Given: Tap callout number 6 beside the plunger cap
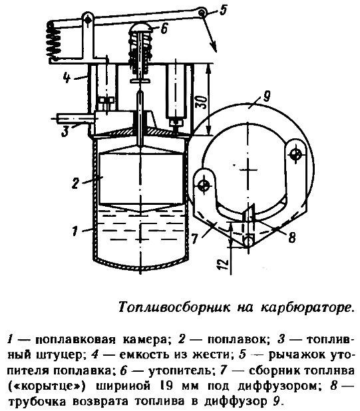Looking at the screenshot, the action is (x=164, y=28).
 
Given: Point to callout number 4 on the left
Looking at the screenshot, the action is (x=67, y=78).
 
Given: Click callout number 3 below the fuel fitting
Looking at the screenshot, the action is (x=65, y=131).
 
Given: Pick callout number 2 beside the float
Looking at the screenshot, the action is (x=75, y=183).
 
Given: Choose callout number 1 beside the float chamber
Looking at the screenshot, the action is (x=75, y=231).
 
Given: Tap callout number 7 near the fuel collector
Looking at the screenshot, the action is (x=194, y=239).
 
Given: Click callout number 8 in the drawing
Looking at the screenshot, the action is (x=291, y=237).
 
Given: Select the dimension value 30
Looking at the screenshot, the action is (x=202, y=102).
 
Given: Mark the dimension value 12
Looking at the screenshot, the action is (x=223, y=265).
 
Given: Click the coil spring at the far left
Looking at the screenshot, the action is (x=52, y=42).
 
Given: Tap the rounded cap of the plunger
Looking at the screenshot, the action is (x=141, y=27).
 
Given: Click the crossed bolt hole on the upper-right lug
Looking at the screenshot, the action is (x=295, y=154).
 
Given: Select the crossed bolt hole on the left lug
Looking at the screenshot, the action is (x=204, y=186).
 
